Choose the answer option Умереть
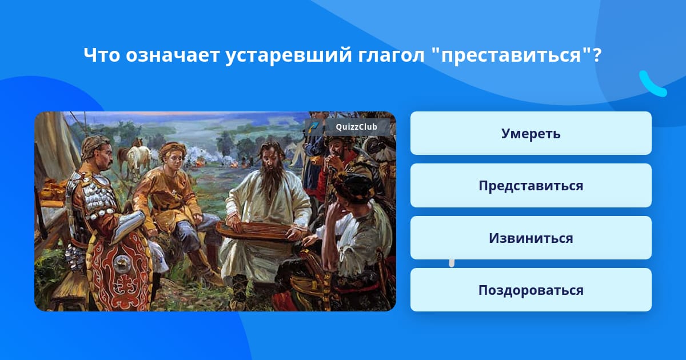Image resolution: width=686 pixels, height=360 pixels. tap(531, 133)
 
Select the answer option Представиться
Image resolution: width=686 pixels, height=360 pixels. tap(531, 186)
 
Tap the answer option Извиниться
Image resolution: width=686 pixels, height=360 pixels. tap(531, 238)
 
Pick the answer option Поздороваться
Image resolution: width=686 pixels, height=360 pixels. tap(531, 290)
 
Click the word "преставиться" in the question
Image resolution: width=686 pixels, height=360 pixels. tap(511, 55)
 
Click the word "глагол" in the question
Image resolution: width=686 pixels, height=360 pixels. tap(391, 56)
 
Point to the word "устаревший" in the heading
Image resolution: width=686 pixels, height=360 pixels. tap(288, 56)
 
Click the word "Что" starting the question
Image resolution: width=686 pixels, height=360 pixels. tap(102, 55)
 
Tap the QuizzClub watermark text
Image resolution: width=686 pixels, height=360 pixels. tap(356, 127)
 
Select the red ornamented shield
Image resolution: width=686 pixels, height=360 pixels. tap(120, 269)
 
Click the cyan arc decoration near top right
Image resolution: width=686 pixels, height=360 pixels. tap(652, 84)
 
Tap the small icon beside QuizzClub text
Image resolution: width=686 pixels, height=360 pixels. tap(314, 127)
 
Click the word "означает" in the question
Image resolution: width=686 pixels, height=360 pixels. tap(173, 55)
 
